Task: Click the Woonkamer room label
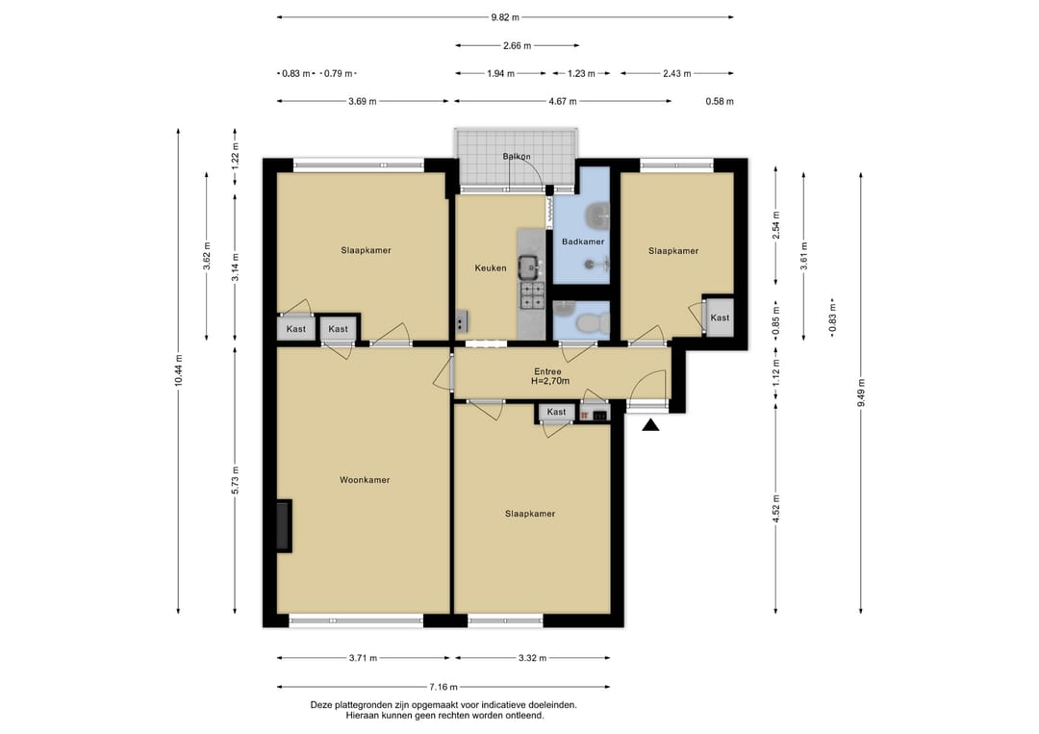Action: [x=365, y=480]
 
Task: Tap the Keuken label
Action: [x=491, y=268]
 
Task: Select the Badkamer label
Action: [x=583, y=241]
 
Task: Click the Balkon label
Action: [x=517, y=157]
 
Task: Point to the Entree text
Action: [x=547, y=371]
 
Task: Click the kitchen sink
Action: [x=531, y=267]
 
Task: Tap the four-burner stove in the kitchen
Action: [x=531, y=295]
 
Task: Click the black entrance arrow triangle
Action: [x=650, y=425]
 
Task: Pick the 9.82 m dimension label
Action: [x=505, y=17]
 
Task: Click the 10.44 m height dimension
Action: [x=178, y=371]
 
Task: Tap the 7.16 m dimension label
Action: [x=443, y=687]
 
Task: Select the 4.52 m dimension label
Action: [x=776, y=509]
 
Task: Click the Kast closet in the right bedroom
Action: [x=720, y=318]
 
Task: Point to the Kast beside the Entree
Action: [x=557, y=412]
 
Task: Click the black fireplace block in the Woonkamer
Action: [x=284, y=525]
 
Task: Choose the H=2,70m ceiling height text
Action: [x=550, y=381]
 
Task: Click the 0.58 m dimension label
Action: [x=720, y=101]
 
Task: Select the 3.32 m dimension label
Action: [x=533, y=658]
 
